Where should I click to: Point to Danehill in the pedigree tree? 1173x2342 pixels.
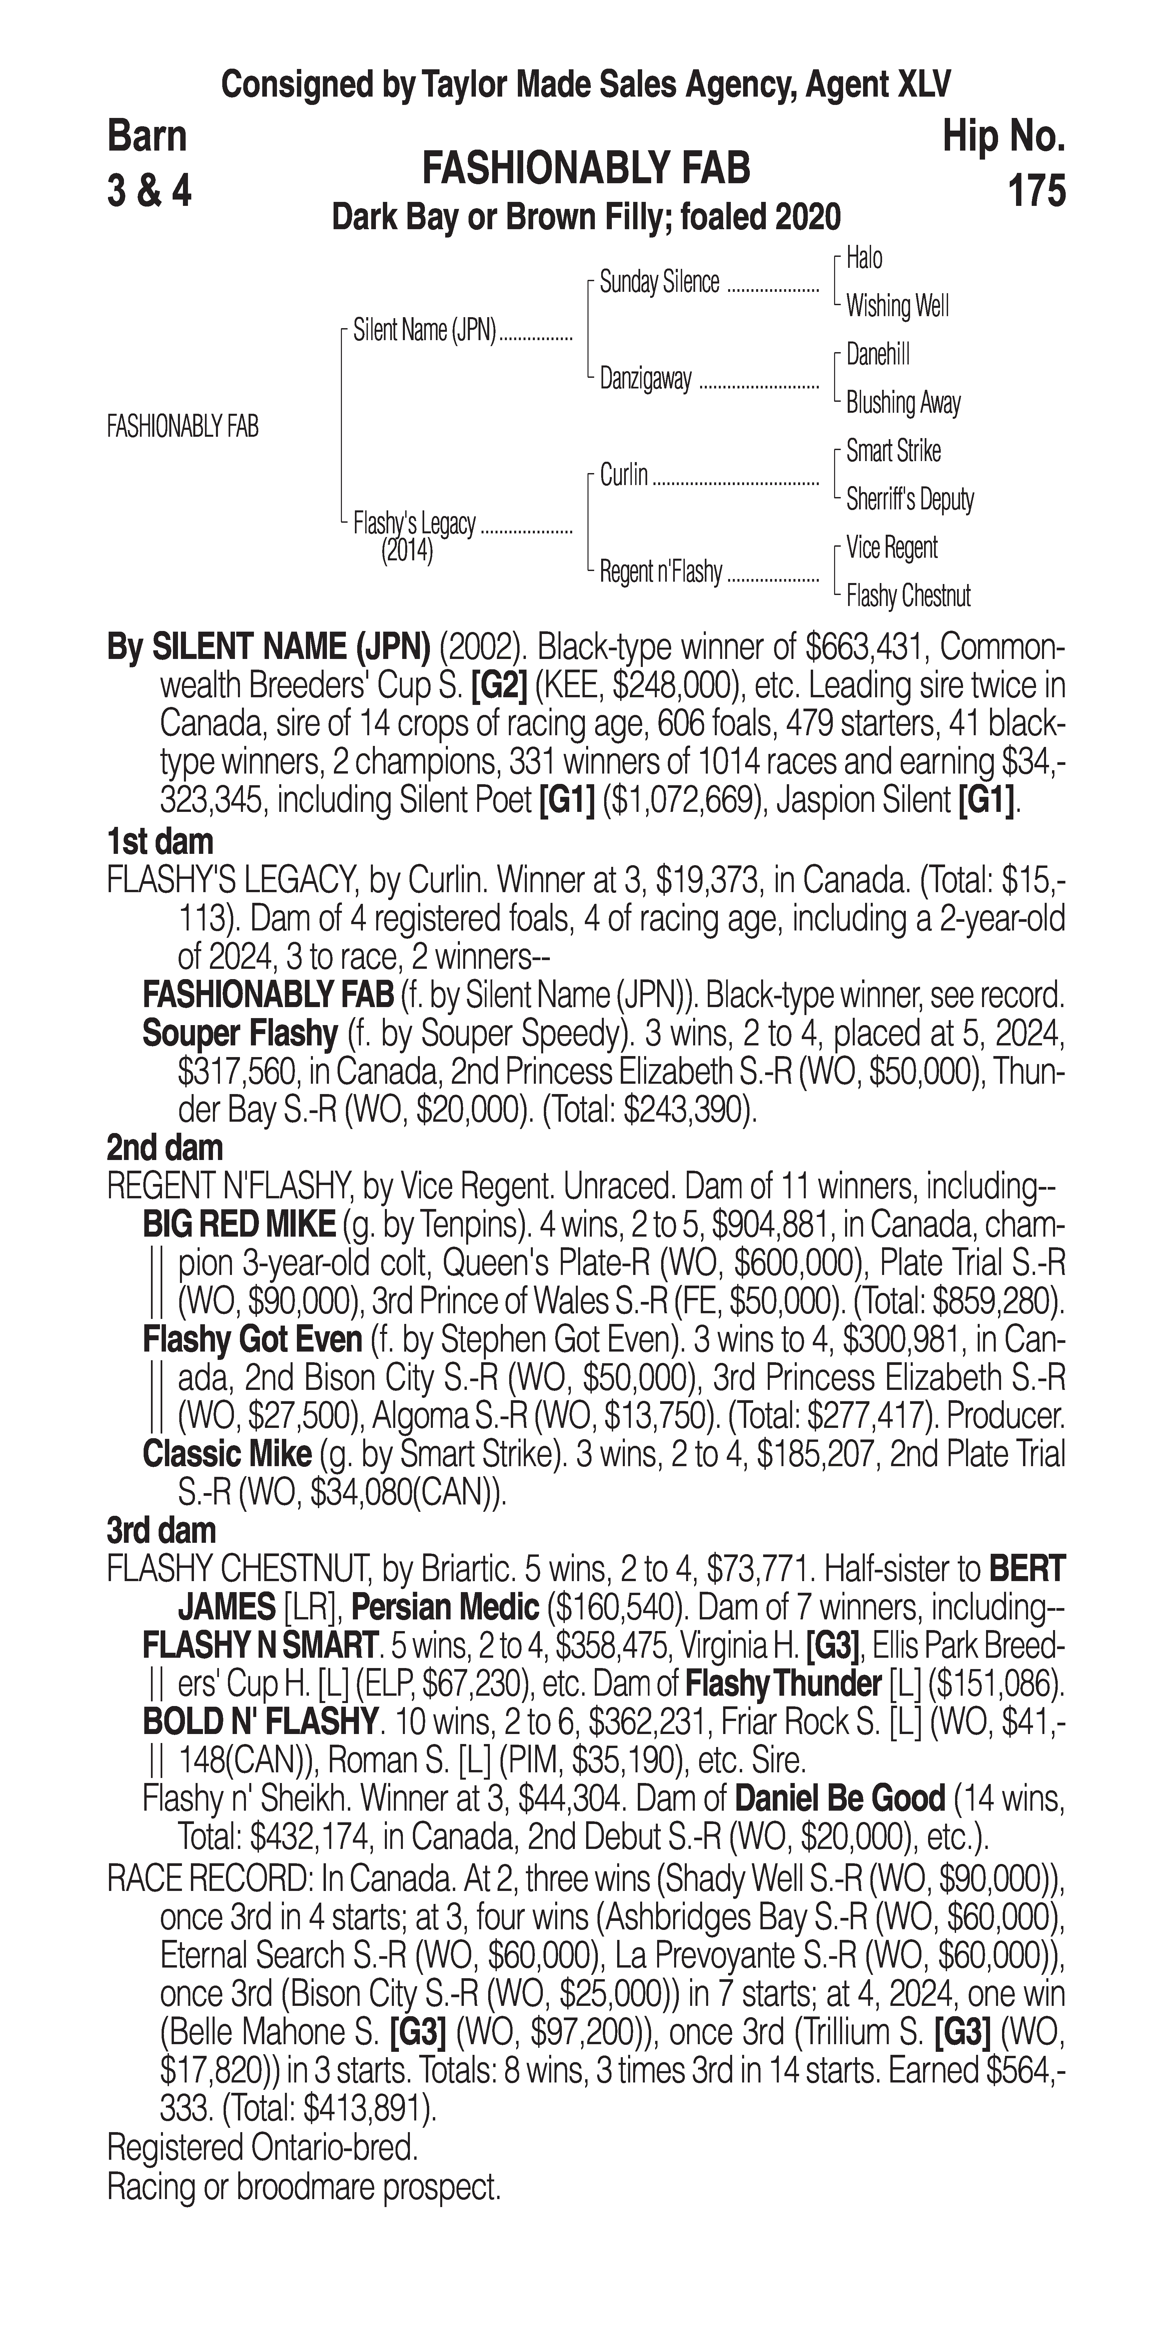(x=877, y=354)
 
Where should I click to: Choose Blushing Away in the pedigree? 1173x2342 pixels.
(x=903, y=403)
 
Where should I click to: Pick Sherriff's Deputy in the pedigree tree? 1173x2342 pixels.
(x=909, y=499)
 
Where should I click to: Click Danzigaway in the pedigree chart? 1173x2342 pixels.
(x=645, y=379)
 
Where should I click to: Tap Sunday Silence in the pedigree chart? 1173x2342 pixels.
(x=659, y=283)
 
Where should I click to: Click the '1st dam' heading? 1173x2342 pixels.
(x=160, y=842)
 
